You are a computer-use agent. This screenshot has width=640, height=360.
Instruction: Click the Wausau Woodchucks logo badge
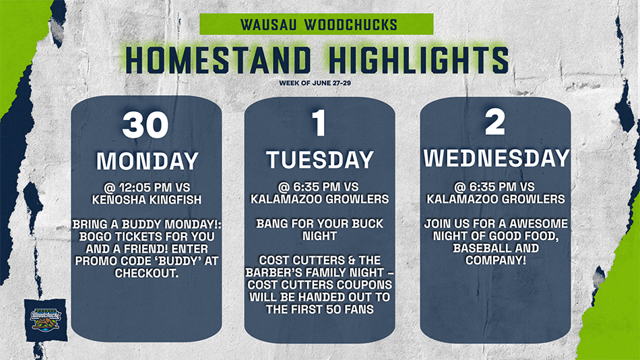46,320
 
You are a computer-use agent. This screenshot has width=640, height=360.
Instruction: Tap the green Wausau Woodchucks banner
317,24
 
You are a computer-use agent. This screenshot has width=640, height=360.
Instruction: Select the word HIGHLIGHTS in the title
419,61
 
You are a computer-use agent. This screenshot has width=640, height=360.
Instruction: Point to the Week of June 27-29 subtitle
315,83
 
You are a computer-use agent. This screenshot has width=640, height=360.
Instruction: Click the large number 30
146,125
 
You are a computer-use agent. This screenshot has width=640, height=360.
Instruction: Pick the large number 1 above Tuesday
319,123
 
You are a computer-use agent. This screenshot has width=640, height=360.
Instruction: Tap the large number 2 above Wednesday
495,122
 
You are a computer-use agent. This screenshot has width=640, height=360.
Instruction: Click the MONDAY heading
148,161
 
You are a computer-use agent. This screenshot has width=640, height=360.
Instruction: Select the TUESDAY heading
320,159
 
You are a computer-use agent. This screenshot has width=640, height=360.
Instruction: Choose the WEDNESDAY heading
497,158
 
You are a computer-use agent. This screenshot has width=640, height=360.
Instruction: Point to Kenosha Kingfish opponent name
147,200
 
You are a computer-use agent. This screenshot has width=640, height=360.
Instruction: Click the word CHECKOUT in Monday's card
147,273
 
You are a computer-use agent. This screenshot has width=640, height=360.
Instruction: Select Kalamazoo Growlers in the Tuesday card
319,199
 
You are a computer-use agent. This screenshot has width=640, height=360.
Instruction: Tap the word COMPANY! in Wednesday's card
496,260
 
